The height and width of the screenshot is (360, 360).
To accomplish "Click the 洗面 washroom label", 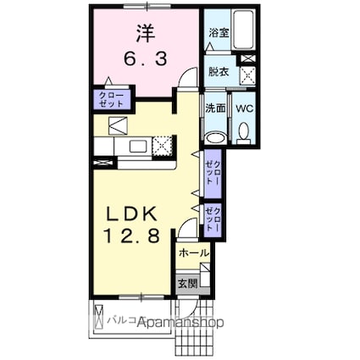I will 216,108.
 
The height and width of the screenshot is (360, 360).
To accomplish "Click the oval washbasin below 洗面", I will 215,138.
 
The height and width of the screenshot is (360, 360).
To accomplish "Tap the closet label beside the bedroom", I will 113,98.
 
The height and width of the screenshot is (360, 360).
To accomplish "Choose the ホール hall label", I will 193,252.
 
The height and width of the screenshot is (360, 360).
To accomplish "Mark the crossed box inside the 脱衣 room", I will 249,74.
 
